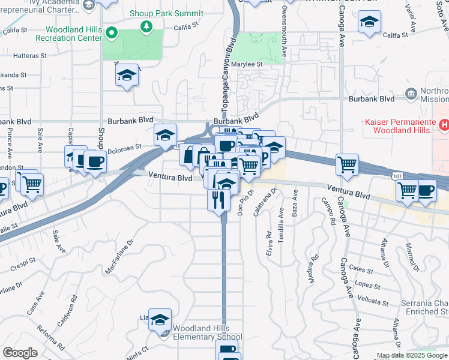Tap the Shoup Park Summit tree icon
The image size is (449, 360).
point(146,26)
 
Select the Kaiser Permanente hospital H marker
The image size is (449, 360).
point(444,125)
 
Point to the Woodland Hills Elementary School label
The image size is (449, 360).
point(207,332)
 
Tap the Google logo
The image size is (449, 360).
point(20,353)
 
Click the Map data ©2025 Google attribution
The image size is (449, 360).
point(412,355)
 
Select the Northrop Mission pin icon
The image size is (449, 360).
point(411,93)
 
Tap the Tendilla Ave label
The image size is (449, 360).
point(281,225)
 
